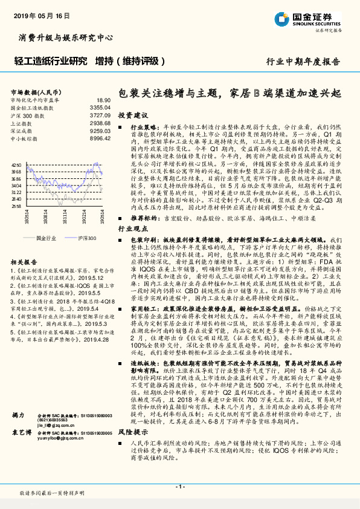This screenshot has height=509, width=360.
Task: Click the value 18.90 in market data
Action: point(103,100)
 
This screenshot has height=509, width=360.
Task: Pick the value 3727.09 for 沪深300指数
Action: point(100,114)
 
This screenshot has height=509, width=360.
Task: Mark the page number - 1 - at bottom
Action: point(179,487)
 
